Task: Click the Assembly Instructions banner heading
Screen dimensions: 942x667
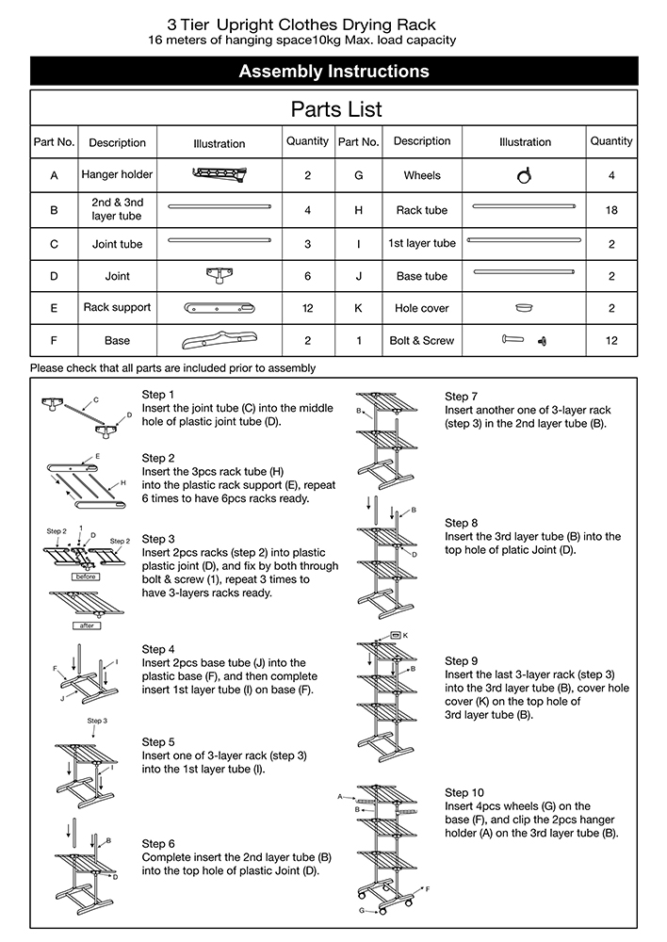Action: tap(333, 72)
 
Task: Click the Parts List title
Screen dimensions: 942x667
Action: tap(335, 109)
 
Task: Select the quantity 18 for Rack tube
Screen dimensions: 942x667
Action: tap(611, 210)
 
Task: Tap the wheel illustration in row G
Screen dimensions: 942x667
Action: tap(525, 174)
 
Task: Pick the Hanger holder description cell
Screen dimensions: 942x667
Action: tap(117, 174)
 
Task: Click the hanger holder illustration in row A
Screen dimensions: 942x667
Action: tap(219, 172)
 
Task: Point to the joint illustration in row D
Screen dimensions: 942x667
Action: tap(219, 275)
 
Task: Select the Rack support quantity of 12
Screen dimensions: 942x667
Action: tap(307, 308)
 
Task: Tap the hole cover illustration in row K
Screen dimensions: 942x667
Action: tap(525, 307)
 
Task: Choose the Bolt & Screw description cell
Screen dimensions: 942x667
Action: tap(421, 341)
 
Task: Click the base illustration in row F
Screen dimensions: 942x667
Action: tap(219, 339)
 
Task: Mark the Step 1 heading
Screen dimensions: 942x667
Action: tap(158, 395)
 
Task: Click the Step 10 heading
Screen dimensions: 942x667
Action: tap(464, 792)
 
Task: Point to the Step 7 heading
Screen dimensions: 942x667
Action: tap(462, 397)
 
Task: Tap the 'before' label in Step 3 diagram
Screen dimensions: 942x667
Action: tap(86, 576)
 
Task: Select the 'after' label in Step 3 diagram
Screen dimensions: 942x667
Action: tap(86, 625)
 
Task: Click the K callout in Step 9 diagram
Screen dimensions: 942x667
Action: tap(406, 635)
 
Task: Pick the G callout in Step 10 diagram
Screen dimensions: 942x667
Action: tap(360, 911)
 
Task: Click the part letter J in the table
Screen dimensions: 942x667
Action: tap(358, 276)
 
